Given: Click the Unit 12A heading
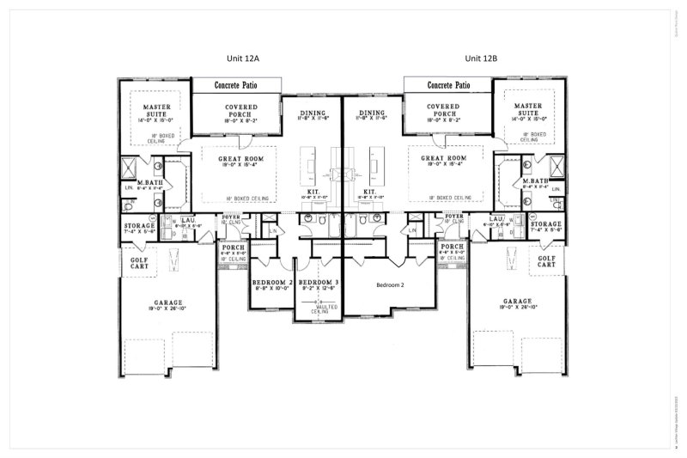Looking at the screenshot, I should [x=228, y=58].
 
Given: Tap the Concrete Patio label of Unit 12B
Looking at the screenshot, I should [x=448, y=86].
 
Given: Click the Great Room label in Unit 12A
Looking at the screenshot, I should [x=240, y=159].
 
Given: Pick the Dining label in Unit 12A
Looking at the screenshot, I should [x=313, y=113].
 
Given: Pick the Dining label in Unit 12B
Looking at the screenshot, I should [x=372, y=113].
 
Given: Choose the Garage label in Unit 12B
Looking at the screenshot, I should [x=518, y=302].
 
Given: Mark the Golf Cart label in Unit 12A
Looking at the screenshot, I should [x=140, y=261].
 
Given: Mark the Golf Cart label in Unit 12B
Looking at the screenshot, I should [x=546, y=261].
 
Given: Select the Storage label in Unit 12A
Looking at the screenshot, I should [x=138, y=224].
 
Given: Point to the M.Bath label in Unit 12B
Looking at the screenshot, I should [x=535, y=182].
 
